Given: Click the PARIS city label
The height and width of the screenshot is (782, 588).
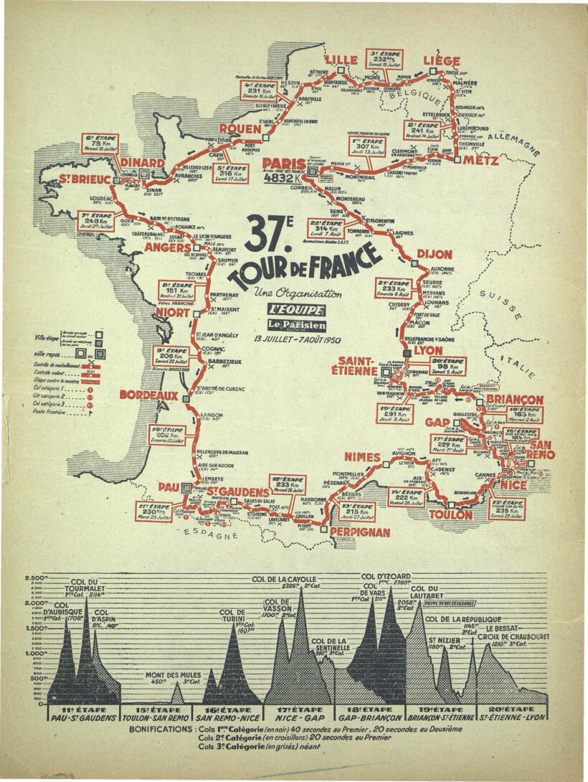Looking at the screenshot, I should (285, 164).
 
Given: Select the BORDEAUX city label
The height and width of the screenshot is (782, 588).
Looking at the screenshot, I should (148, 395).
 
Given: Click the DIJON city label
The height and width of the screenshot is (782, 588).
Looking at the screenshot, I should (435, 254).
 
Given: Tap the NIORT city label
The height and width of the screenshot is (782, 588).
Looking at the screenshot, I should (172, 314).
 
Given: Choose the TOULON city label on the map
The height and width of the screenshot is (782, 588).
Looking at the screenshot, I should (450, 514).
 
